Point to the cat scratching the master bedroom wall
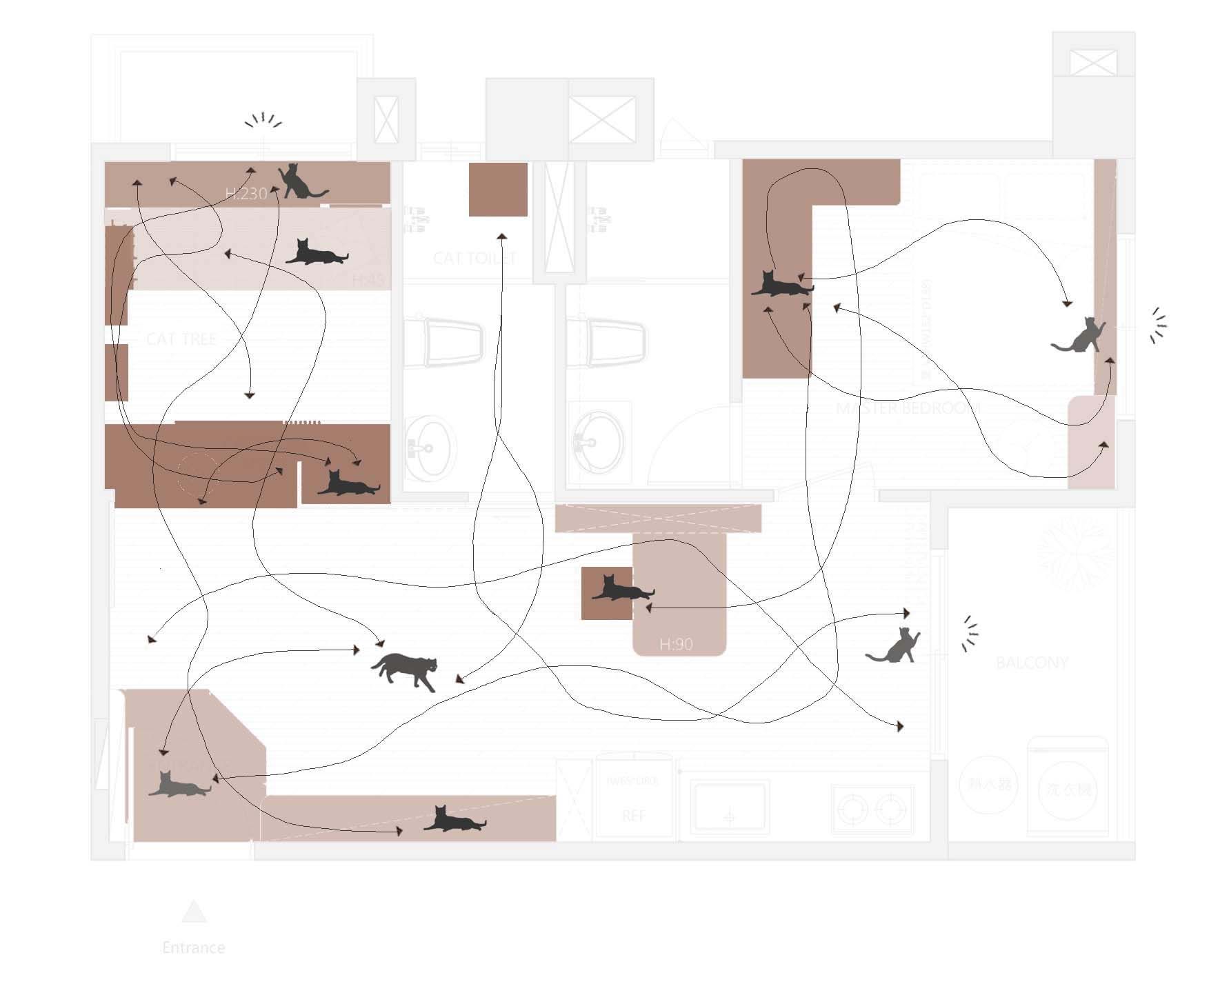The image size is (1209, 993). tap(1077, 337)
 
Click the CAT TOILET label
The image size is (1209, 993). tap(474, 258)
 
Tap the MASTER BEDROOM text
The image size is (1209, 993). tap(908, 408)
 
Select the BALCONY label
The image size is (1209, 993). tap(1032, 663)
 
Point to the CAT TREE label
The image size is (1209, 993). tap(181, 339)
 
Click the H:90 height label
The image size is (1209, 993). tap(676, 644)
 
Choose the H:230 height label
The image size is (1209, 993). tap(246, 193)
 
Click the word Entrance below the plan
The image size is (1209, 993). tap(194, 947)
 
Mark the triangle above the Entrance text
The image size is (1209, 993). tap(194, 912)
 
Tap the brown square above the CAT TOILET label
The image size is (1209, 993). tap(498, 190)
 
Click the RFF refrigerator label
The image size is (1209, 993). tap(634, 816)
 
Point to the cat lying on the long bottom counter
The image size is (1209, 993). tap(454, 820)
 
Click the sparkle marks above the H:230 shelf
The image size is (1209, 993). tap(263, 121)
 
